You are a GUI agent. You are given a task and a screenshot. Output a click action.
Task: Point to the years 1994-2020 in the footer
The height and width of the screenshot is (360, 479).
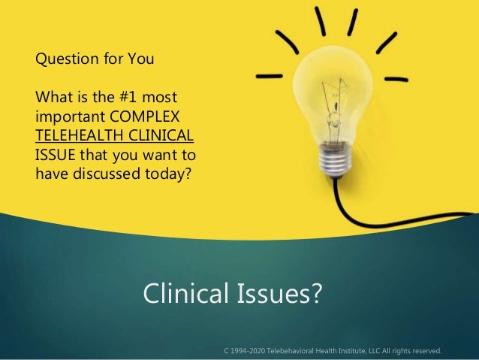coord(249,349)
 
